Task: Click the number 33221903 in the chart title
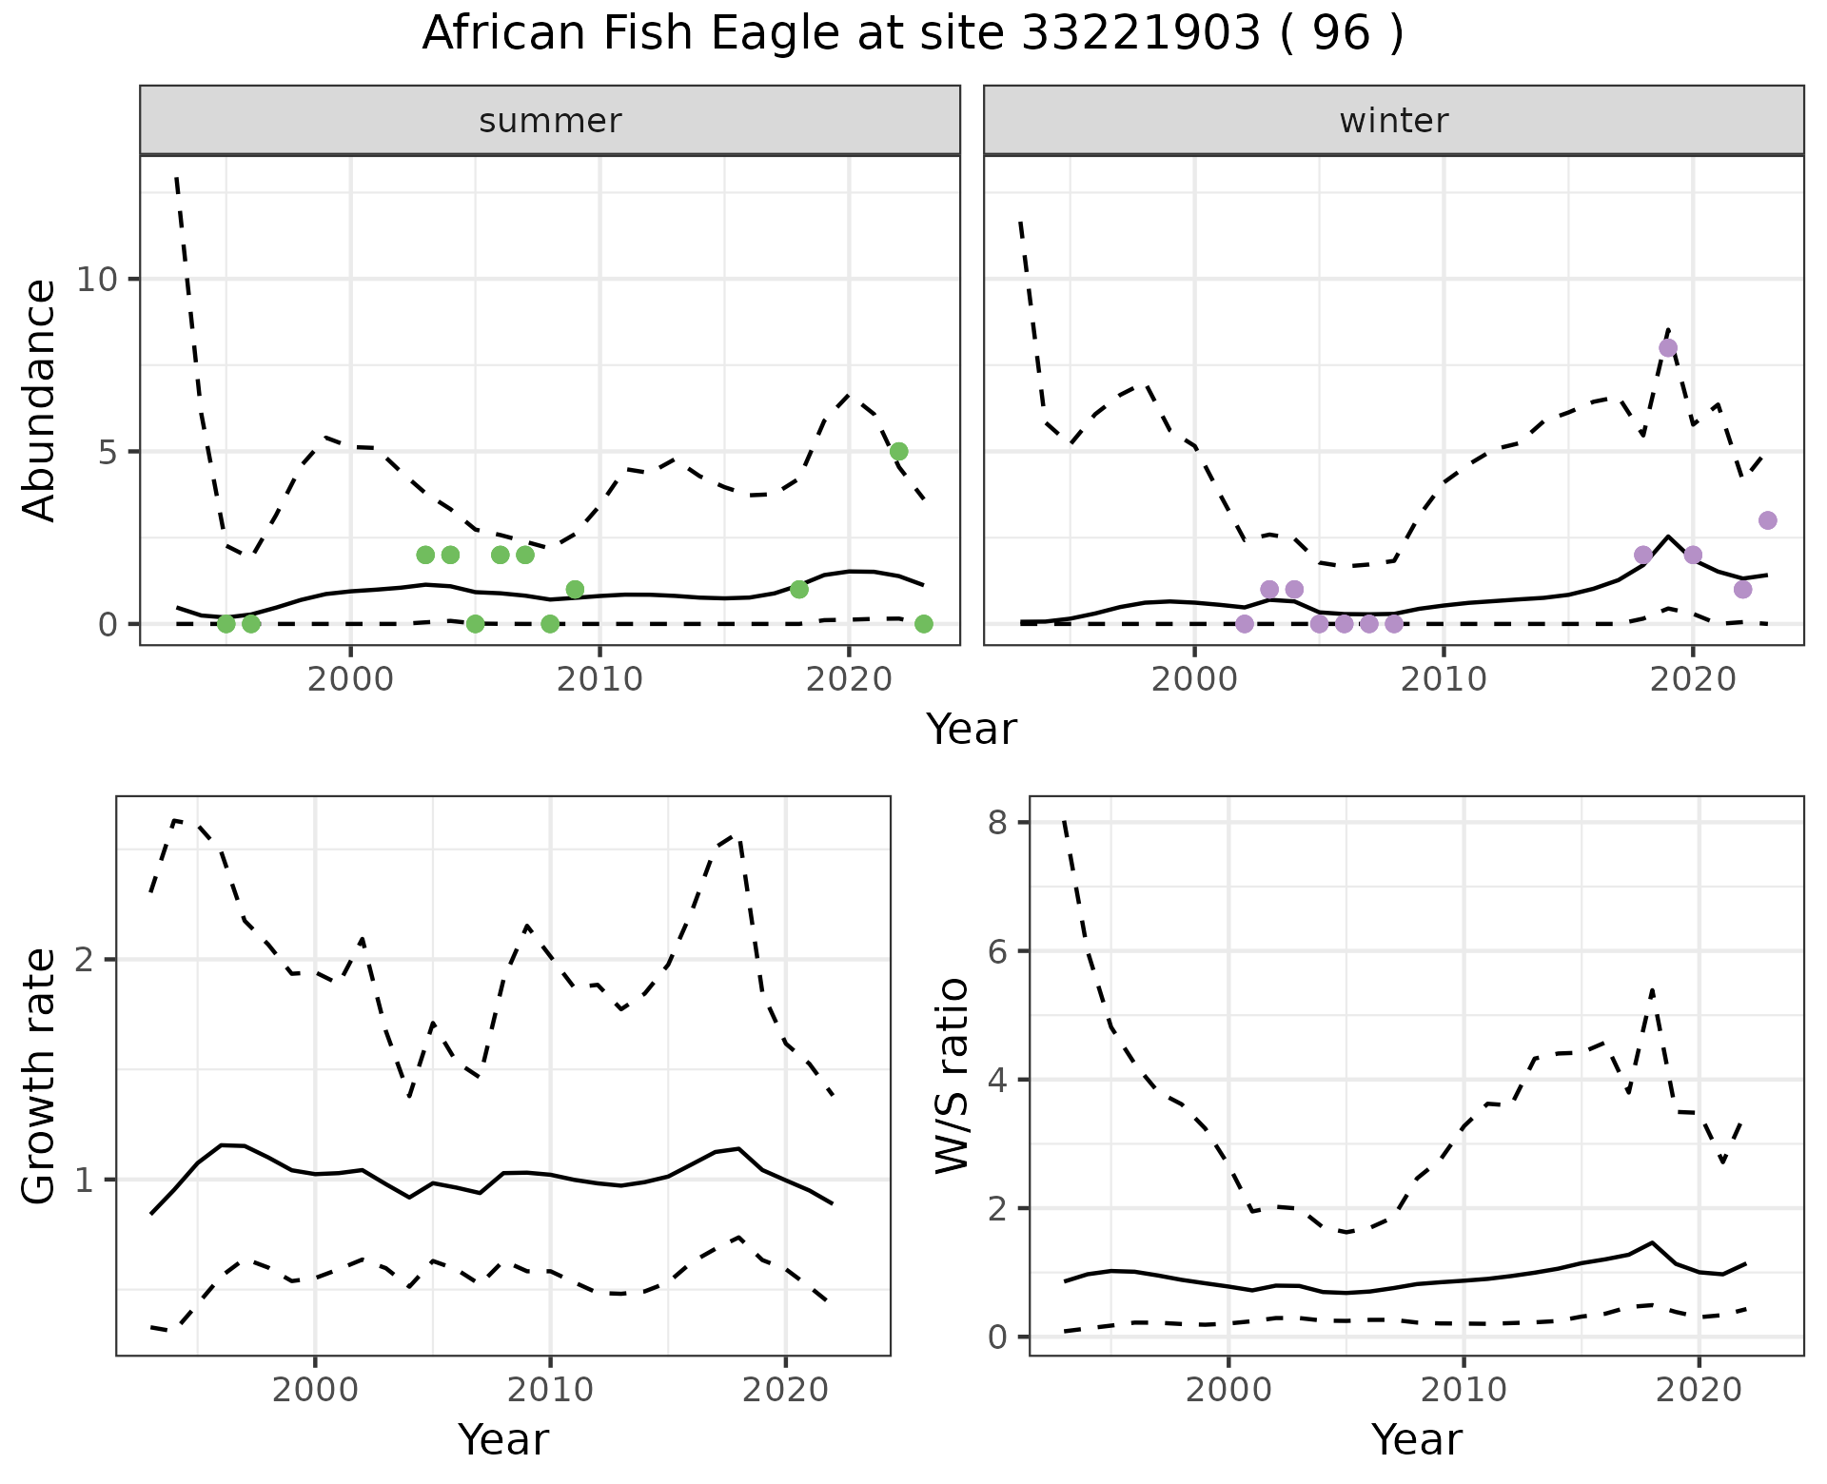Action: tap(1143, 34)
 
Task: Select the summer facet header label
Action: tap(550, 121)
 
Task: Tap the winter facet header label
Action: tap(1393, 121)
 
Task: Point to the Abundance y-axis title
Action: tap(40, 400)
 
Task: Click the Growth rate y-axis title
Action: tap(40, 1077)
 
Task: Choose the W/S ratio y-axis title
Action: tap(953, 1077)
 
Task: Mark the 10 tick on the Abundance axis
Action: tap(100, 280)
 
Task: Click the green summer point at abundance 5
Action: tap(898, 451)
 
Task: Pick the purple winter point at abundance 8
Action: tap(1667, 348)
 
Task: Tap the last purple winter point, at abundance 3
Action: tap(1767, 520)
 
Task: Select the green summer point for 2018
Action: tap(799, 589)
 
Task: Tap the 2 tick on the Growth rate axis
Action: tap(87, 960)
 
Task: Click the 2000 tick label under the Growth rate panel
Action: tap(315, 1390)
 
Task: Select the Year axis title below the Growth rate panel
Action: tap(502, 1440)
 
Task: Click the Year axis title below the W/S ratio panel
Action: tap(1416, 1440)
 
